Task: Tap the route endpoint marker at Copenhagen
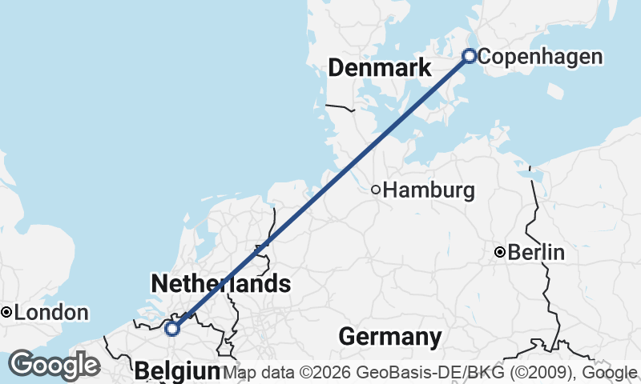[470, 56]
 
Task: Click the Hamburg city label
[429, 191]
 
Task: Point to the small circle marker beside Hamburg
[375, 190]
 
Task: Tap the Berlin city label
[536, 254]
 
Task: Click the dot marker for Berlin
[500, 253]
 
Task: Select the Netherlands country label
[220, 283]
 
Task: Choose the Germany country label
[390, 337]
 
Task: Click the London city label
[51, 313]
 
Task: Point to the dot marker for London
[6, 312]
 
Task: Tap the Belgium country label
[177, 371]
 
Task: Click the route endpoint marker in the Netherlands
[171, 328]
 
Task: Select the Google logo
[54, 365]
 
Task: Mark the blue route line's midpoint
[320, 192]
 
